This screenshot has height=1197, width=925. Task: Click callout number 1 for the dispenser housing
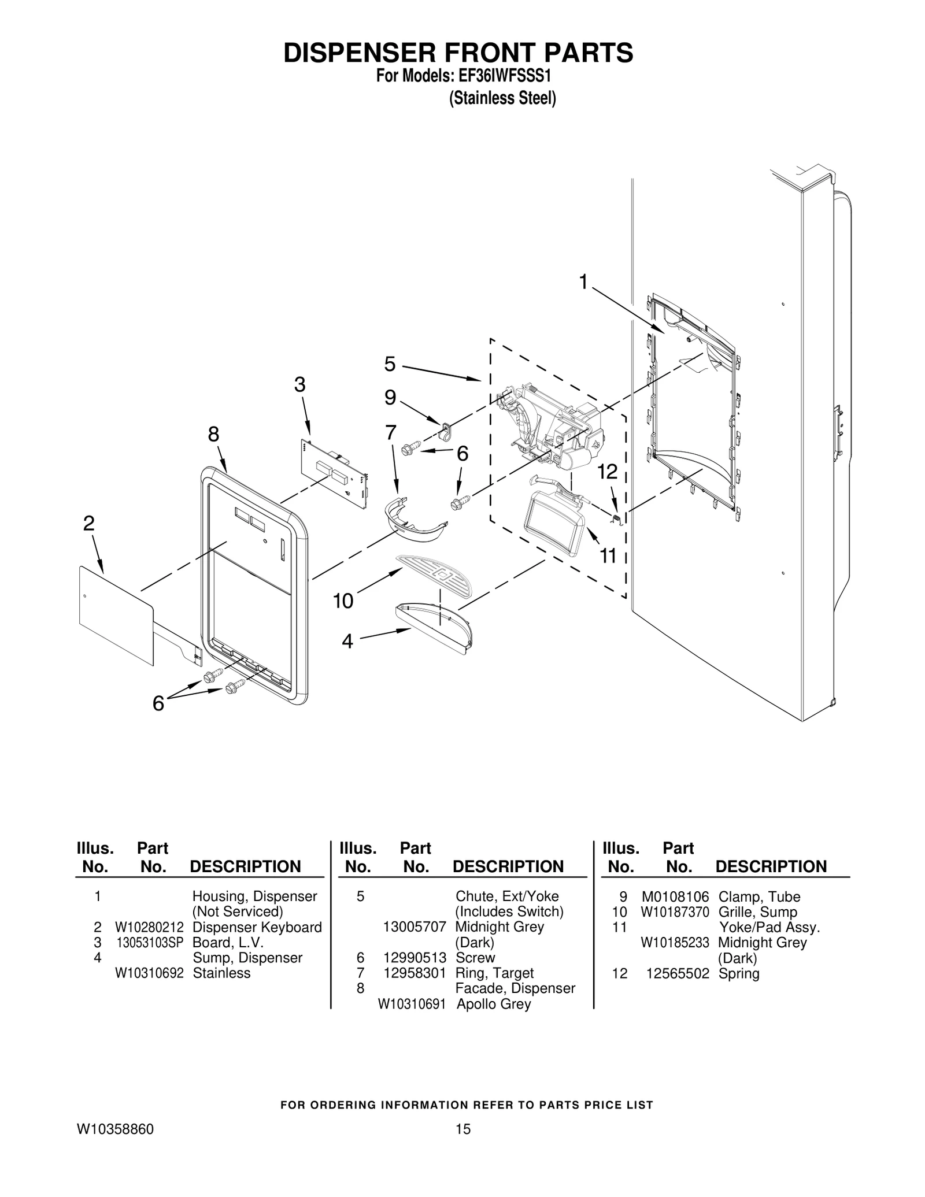click(583, 282)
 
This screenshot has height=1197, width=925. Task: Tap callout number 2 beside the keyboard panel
click(88, 524)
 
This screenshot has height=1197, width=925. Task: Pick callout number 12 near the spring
click(608, 472)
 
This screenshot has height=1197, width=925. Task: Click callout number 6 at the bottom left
click(158, 703)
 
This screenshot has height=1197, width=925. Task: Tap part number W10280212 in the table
click(149, 927)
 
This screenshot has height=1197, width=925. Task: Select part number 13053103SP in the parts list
click(149, 942)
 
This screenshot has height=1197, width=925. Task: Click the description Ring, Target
click(494, 973)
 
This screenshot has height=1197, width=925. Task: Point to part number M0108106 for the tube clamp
click(675, 897)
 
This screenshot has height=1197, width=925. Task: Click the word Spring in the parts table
click(738, 973)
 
